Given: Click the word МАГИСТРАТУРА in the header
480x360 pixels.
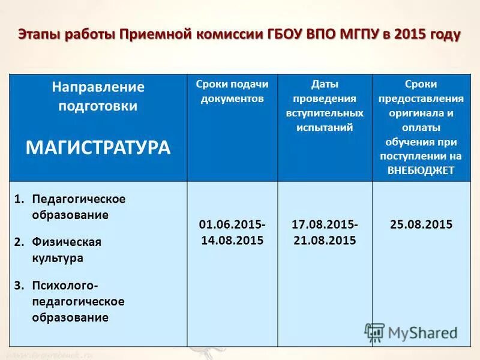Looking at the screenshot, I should (98, 148).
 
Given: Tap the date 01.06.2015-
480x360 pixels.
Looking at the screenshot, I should (232, 224).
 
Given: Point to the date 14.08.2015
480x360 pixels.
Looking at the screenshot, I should (232, 240).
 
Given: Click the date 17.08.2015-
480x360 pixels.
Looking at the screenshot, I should (325, 224).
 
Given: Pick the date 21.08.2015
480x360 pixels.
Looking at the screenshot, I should (325, 240).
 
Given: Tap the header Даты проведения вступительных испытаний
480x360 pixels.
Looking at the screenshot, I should (325, 105).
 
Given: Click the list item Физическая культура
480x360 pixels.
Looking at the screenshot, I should (66, 250).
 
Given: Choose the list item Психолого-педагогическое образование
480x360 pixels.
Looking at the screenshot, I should (70, 301).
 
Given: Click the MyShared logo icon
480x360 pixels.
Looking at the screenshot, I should (375, 332).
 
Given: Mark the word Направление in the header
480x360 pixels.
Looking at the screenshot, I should (98, 87).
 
